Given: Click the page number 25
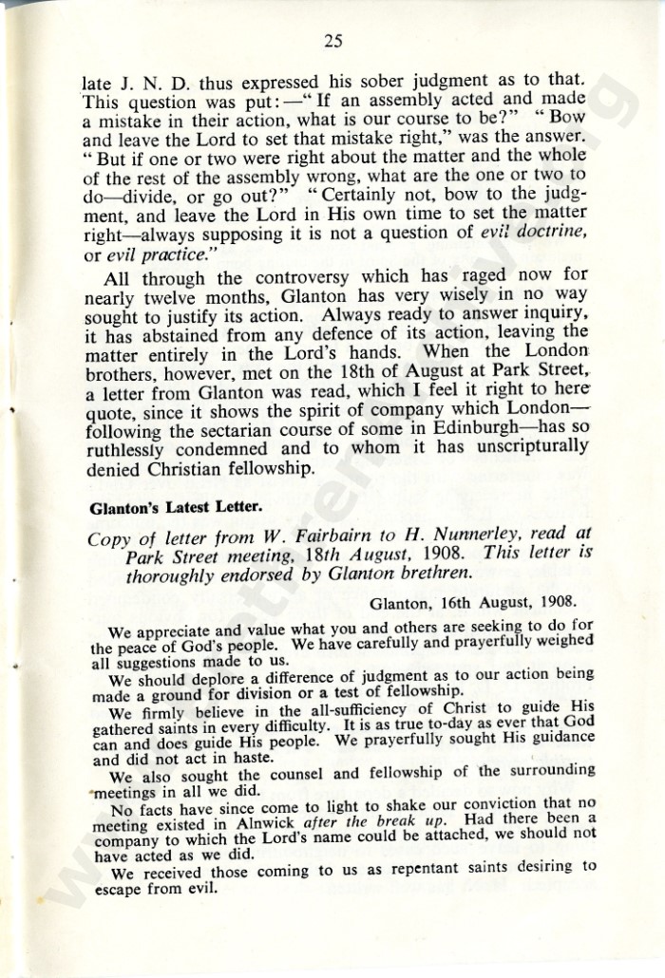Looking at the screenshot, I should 332,40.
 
